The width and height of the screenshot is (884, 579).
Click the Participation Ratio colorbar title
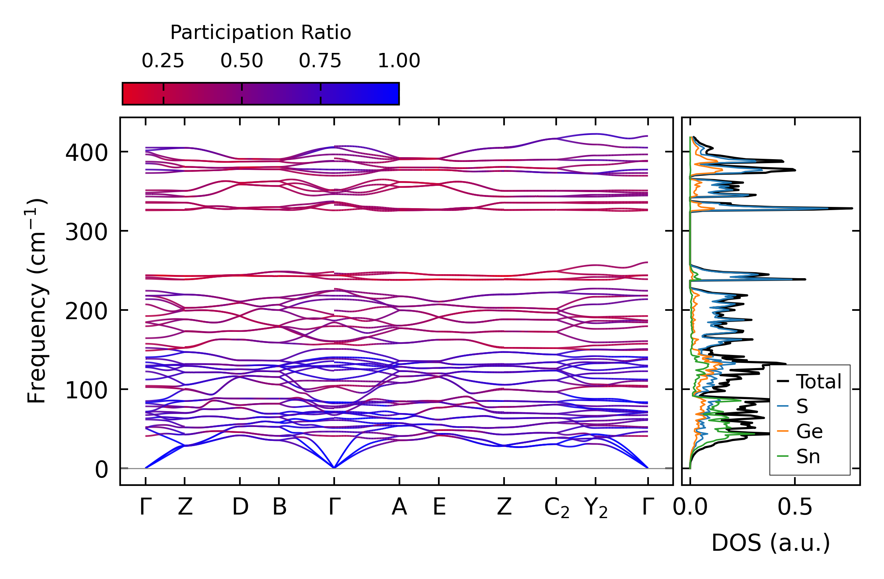(x=261, y=33)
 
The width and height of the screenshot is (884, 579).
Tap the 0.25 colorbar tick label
(x=163, y=61)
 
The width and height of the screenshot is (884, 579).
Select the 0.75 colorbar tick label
(x=320, y=61)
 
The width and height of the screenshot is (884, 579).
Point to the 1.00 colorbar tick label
(x=399, y=61)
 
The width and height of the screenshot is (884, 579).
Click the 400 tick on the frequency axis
(x=86, y=152)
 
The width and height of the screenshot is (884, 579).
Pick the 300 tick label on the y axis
(x=86, y=232)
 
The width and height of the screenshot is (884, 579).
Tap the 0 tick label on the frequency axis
(x=101, y=470)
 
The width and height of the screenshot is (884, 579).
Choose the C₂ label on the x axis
(x=557, y=508)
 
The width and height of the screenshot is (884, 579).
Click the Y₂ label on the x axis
(x=596, y=508)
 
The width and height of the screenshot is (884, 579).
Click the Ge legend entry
(x=809, y=431)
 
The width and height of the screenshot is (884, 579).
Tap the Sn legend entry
(x=808, y=456)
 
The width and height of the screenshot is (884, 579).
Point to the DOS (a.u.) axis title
(x=771, y=543)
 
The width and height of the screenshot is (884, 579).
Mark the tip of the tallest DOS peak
(x=852, y=208)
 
